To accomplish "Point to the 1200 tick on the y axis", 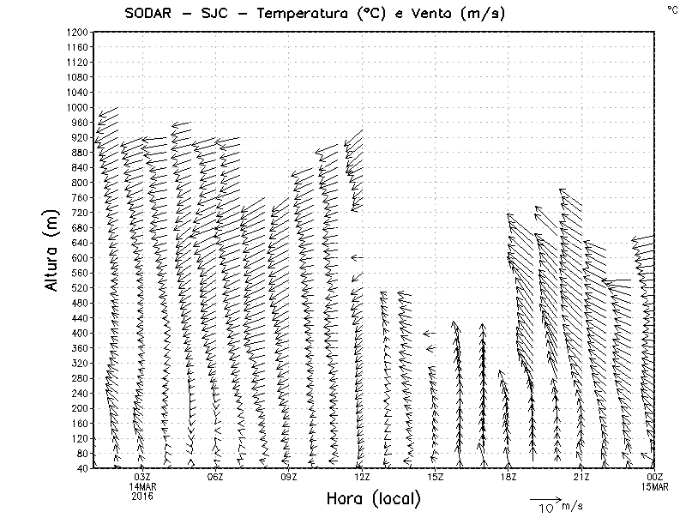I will (x=76, y=32).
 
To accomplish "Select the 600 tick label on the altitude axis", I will (x=79, y=257).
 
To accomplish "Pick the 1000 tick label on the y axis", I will (x=76, y=107).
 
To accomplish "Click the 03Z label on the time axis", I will (x=142, y=477).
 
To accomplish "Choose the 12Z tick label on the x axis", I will (x=362, y=477).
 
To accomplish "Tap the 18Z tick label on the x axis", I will (x=508, y=477).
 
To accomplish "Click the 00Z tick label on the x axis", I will (x=655, y=477).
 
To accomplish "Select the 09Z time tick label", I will (x=289, y=477).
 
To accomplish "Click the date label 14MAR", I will (x=142, y=486).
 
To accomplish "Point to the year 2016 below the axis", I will (x=142, y=496).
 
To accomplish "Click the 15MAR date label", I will (x=655, y=486).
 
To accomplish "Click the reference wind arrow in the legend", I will (x=545, y=497).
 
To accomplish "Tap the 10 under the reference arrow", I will (x=546, y=509).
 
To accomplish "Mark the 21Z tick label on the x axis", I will (x=581, y=477).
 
